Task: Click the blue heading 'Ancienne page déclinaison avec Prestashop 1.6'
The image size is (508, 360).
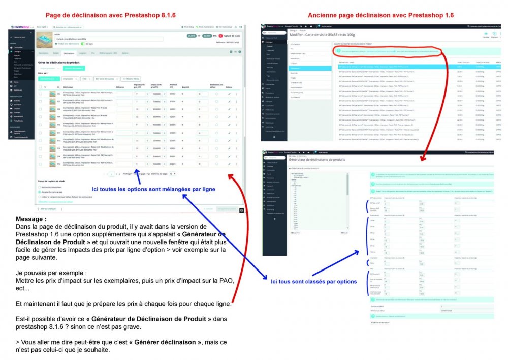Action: tap(380, 15)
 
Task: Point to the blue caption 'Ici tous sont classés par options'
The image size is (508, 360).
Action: tap(313, 281)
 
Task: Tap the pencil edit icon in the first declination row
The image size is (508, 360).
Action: tap(229, 94)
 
